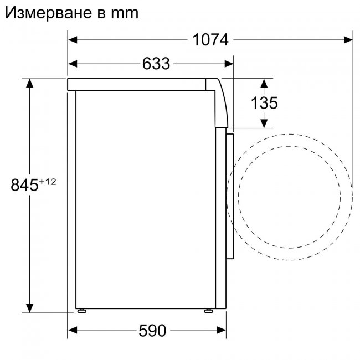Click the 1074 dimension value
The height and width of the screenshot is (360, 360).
[x=210, y=40]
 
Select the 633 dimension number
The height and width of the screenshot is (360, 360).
[x=156, y=64]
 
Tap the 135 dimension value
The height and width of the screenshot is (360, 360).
[x=264, y=103]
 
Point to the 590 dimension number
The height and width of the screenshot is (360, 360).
[x=151, y=331]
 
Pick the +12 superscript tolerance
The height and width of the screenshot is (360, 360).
[x=48, y=181]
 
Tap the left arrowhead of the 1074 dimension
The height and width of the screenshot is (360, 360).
[x=73, y=40]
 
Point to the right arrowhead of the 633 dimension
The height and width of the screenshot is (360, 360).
[x=228, y=64]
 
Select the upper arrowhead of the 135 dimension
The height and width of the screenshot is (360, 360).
[x=264, y=83]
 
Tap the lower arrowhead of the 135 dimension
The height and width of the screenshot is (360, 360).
[x=264, y=122]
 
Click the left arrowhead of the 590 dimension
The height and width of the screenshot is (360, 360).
[x=73, y=331]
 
